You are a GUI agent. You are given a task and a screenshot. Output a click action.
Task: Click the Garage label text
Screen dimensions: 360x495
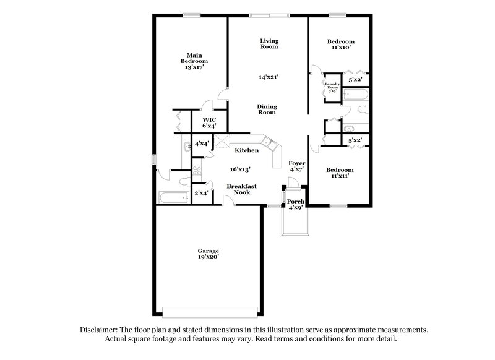point(209,251)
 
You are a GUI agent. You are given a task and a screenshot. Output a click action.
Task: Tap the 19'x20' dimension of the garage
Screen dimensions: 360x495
point(209,257)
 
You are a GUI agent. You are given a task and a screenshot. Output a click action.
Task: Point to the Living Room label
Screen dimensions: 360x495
point(269,43)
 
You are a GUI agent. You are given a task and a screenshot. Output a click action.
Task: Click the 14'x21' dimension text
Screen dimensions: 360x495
point(269,77)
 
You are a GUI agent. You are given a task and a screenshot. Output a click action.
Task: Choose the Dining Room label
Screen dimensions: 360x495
point(267,109)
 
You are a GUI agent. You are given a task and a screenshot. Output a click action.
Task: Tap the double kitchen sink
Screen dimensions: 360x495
point(270,145)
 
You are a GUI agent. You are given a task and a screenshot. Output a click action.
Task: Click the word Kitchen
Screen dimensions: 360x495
point(246,150)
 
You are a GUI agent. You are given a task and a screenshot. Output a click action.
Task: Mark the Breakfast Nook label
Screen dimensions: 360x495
point(241,189)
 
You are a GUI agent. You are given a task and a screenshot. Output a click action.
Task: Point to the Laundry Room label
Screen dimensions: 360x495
point(333,88)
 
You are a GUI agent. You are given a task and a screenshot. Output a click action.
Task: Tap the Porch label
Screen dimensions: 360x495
point(296,202)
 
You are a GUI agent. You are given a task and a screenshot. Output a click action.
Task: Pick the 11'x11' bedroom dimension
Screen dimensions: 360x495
point(341,176)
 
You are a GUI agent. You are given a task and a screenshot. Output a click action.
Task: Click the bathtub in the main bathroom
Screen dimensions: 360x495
point(174,198)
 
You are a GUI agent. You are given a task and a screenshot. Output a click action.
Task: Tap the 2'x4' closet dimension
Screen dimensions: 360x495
point(201,193)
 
